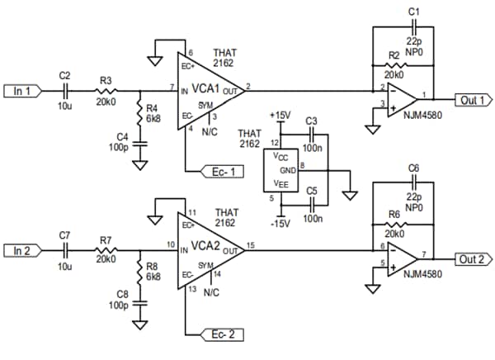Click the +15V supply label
point(281,114)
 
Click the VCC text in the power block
point(281,155)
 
